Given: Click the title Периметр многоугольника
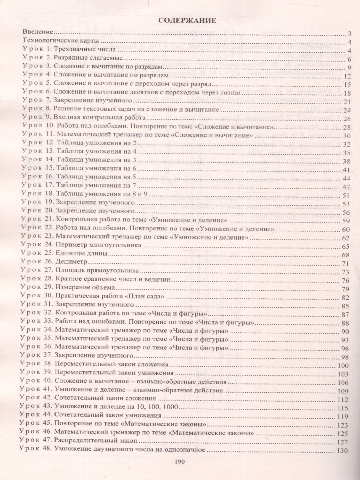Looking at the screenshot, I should coord(99,245).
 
